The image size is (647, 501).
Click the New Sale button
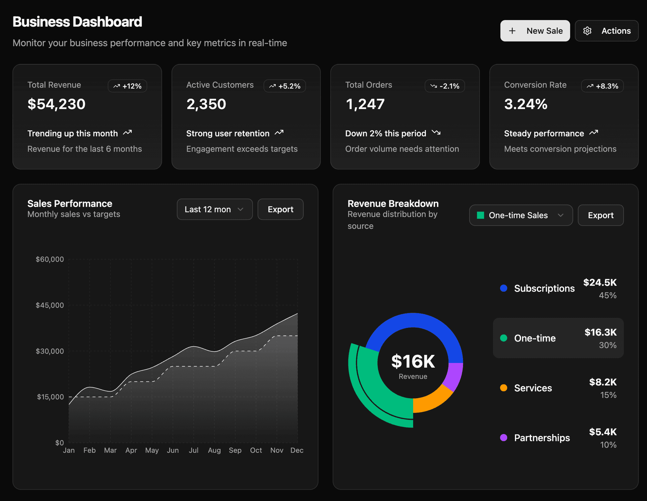coord(535,31)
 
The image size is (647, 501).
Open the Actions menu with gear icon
coord(606,31)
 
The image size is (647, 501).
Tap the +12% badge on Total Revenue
coord(127,86)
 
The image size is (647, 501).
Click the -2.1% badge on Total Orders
coord(444,86)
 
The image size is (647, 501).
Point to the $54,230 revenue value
coord(57,104)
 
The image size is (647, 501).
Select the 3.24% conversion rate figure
coord(525,104)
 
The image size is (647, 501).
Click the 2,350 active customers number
coord(206,104)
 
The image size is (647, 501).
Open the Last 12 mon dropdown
coord(215,209)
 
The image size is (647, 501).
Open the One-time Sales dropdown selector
coord(521,215)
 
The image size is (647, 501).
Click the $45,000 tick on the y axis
coord(50,305)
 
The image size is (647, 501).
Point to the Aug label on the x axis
coord(214,450)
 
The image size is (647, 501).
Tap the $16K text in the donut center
coord(413,361)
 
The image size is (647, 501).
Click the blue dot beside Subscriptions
coord(503,288)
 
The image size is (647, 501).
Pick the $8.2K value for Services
coord(603,382)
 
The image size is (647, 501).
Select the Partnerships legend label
coord(542,438)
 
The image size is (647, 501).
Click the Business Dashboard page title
coord(77,22)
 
